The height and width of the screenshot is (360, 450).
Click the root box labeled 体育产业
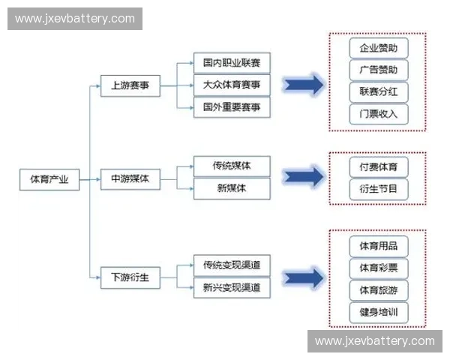click(x=49, y=179)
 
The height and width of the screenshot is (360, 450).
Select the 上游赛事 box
click(x=130, y=85)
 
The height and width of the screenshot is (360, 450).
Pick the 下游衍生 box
click(x=130, y=277)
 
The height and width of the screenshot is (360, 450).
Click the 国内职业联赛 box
click(x=232, y=63)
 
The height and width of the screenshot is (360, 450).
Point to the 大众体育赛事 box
click(x=232, y=85)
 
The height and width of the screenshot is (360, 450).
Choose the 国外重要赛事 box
click(x=232, y=107)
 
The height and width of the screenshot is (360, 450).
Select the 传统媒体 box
click(x=232, y=166)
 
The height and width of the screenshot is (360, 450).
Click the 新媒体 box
click(x=232, y=188)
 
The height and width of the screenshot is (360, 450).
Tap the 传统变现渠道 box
click(x=232, y=265)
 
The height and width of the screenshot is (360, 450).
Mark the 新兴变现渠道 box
click(x=232, y=287)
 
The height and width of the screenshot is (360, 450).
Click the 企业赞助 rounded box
click(x=379, y=48)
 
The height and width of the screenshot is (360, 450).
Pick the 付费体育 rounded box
click(x=379, y=166)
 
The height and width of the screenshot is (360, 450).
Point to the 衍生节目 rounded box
click(x=379, y=189)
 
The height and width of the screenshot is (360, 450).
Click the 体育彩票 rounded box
click(x=379, y=268)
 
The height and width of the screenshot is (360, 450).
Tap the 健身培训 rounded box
click(x=379, y=311)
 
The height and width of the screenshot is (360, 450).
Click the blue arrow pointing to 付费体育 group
click(x=303, y=177)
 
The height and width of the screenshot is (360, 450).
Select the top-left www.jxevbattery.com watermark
click(x=75, y=18)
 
